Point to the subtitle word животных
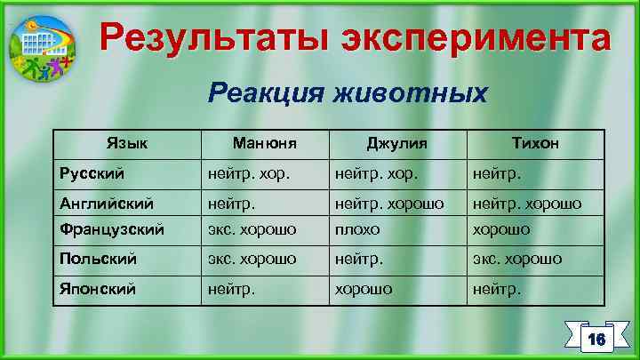(x=411, y=93)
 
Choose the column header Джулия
(x=396, y=142)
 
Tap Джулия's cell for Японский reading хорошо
(x=364, y=288)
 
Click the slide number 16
(x=596, y=339)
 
